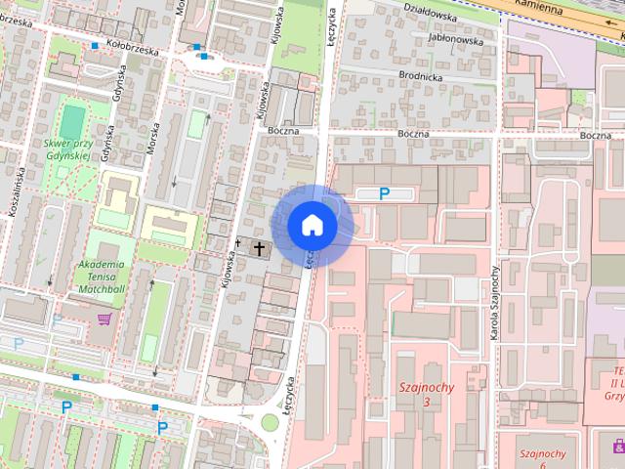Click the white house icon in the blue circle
pyautogui.click(x=312, y=226)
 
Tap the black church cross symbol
pyautogui.click(x=259, y=248)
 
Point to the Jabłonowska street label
pyautogui.click(x=446, y=41)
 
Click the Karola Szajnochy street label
pyautogui.click(x=494, y=303)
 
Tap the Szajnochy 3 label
pyautogui.click(x=427, y=395)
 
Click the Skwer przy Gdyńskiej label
pyautogui.click(x=67, y=149)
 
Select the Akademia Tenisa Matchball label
pyautogui.click(x=101, y=277)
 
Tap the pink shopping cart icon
pyautogui.click(x=104, y=318)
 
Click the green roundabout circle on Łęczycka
pyautogui.click(x=270, y=422)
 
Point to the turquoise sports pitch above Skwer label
pyautogui.click(x=71, y=121)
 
